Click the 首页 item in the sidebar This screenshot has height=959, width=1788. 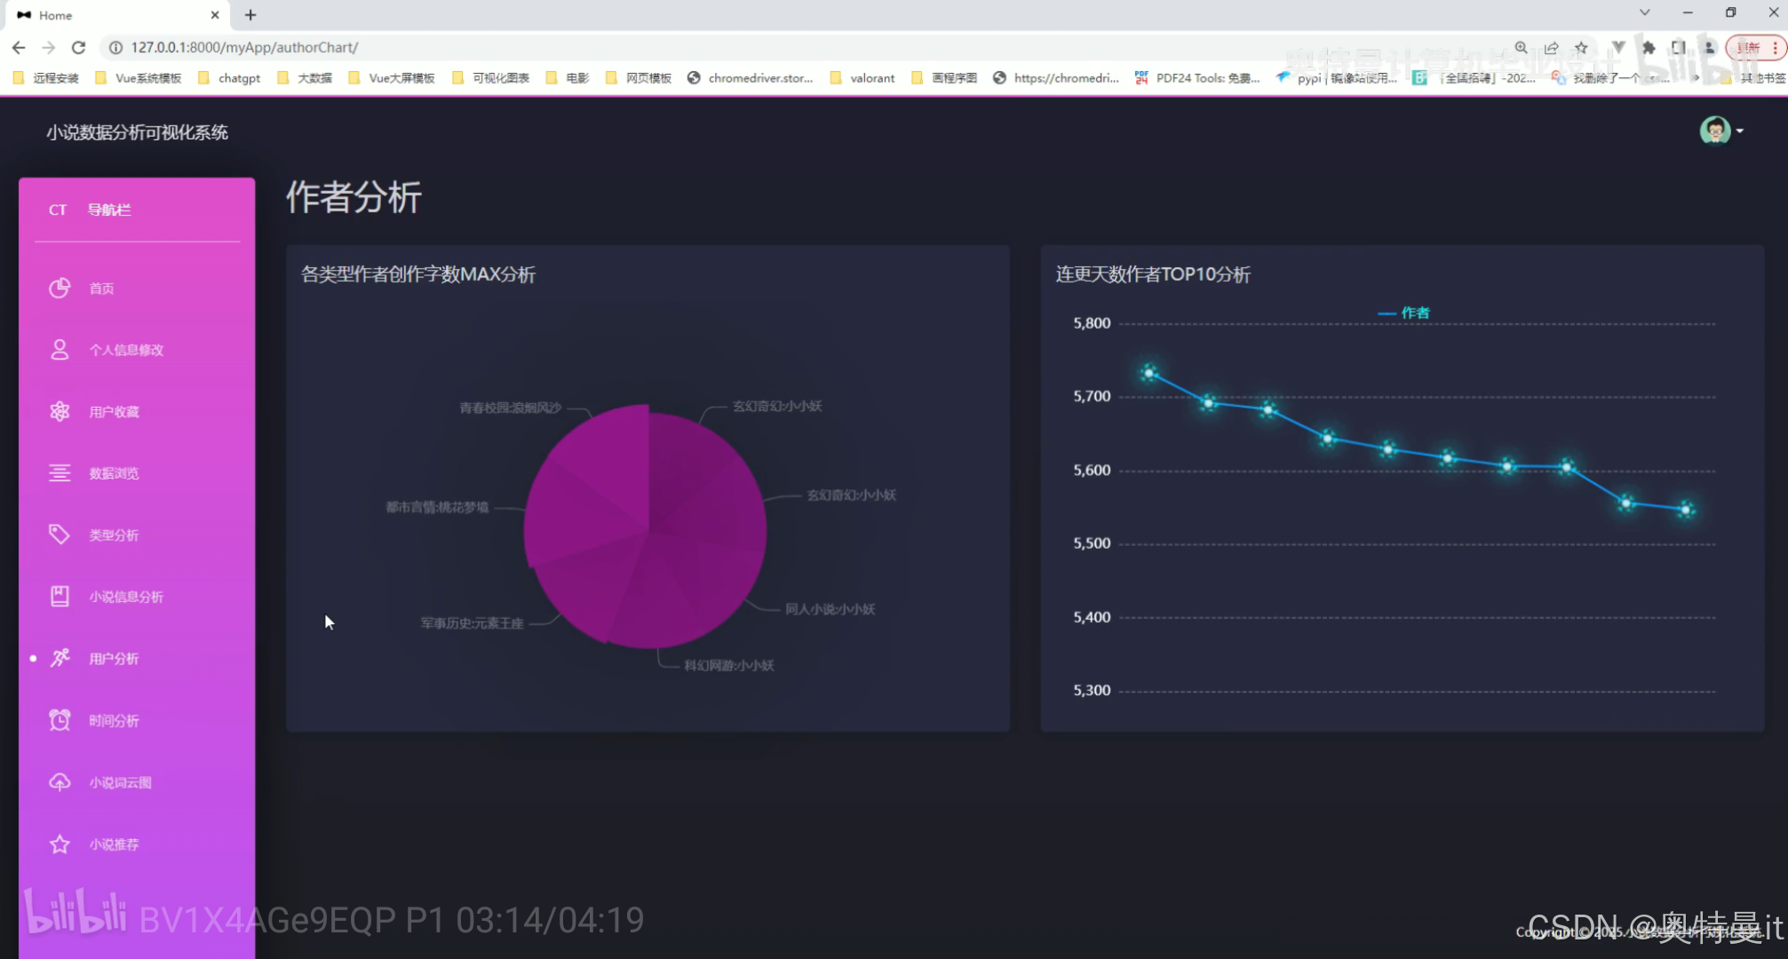click(100, 289)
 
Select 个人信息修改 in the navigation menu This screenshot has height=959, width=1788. click(125, 350)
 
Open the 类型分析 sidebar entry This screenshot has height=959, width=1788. click(113, 535)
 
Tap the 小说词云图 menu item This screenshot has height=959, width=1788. click(119, 782)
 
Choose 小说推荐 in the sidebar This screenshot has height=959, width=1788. click(113, 844)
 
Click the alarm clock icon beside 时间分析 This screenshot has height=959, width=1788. click(60, 720)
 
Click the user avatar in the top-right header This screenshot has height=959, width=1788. click(1714, 131)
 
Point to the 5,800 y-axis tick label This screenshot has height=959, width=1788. click(1092, 323)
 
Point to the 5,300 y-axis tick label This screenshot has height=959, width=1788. click(1092, 690)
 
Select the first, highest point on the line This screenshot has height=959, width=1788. click(1149, 373)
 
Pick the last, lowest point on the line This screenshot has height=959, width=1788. click(1685, 510)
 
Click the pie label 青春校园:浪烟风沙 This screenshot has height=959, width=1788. click(510, 408)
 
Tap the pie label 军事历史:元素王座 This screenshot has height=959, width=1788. click(472, 623)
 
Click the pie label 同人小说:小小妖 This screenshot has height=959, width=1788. click(830, 609)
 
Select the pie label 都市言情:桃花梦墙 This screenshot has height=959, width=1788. click(437, 507)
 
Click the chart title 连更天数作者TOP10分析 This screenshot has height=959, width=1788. click(1153, 274)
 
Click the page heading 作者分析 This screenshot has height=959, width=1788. click(354, 197)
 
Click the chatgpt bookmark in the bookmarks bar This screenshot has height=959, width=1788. click(238, 78)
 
